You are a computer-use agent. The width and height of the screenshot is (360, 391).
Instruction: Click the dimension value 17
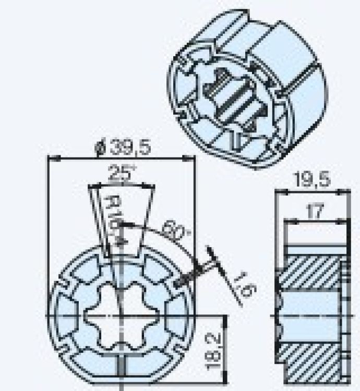click(313, 211)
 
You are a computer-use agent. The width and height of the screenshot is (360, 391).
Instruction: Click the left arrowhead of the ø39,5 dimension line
click(50, 158)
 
